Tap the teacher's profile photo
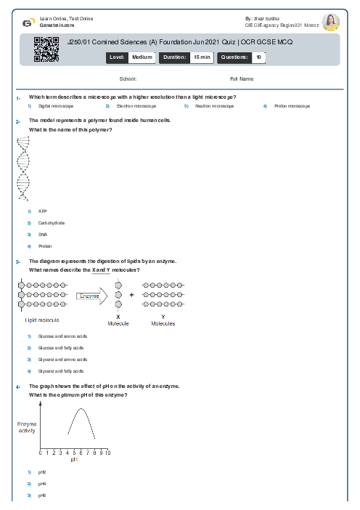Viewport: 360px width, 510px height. point(330,23)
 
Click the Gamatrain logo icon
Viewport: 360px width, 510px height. point(27,23)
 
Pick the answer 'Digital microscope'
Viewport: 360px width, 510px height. point(56,106)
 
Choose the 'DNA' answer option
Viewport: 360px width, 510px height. point(42,235)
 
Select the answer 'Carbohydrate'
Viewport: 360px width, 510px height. point(52,223)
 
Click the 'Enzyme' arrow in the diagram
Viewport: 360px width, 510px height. point(92,296)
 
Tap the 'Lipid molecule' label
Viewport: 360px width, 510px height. point(42,320)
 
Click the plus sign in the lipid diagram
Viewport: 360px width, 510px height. point(131,296)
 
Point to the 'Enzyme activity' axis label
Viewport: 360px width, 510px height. point(27,427)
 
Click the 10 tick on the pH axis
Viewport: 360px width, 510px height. point(107,453)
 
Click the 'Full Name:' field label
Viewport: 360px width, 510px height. point(242,78)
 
